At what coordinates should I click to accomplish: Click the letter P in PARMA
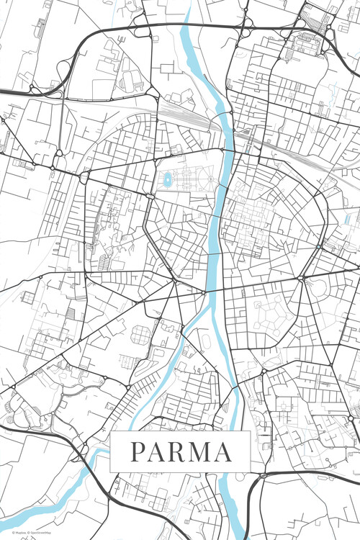coord(137,452)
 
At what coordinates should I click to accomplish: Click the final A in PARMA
coord(223,452)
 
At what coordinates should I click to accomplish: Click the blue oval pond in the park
coord(167,178)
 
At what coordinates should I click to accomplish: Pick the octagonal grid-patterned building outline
coord(141,333)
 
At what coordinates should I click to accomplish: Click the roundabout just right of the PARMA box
coord(263,476)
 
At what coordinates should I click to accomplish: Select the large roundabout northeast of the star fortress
coord(301,277)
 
